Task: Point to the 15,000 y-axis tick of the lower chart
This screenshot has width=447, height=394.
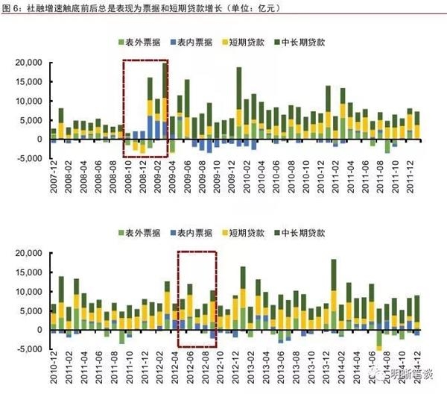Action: click(31, 272)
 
